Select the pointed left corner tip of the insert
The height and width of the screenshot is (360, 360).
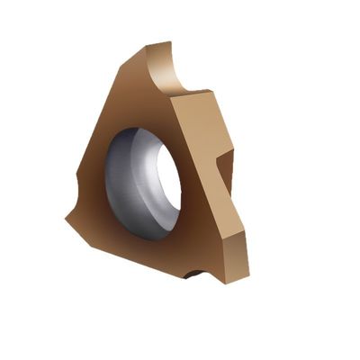pos(67,216)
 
